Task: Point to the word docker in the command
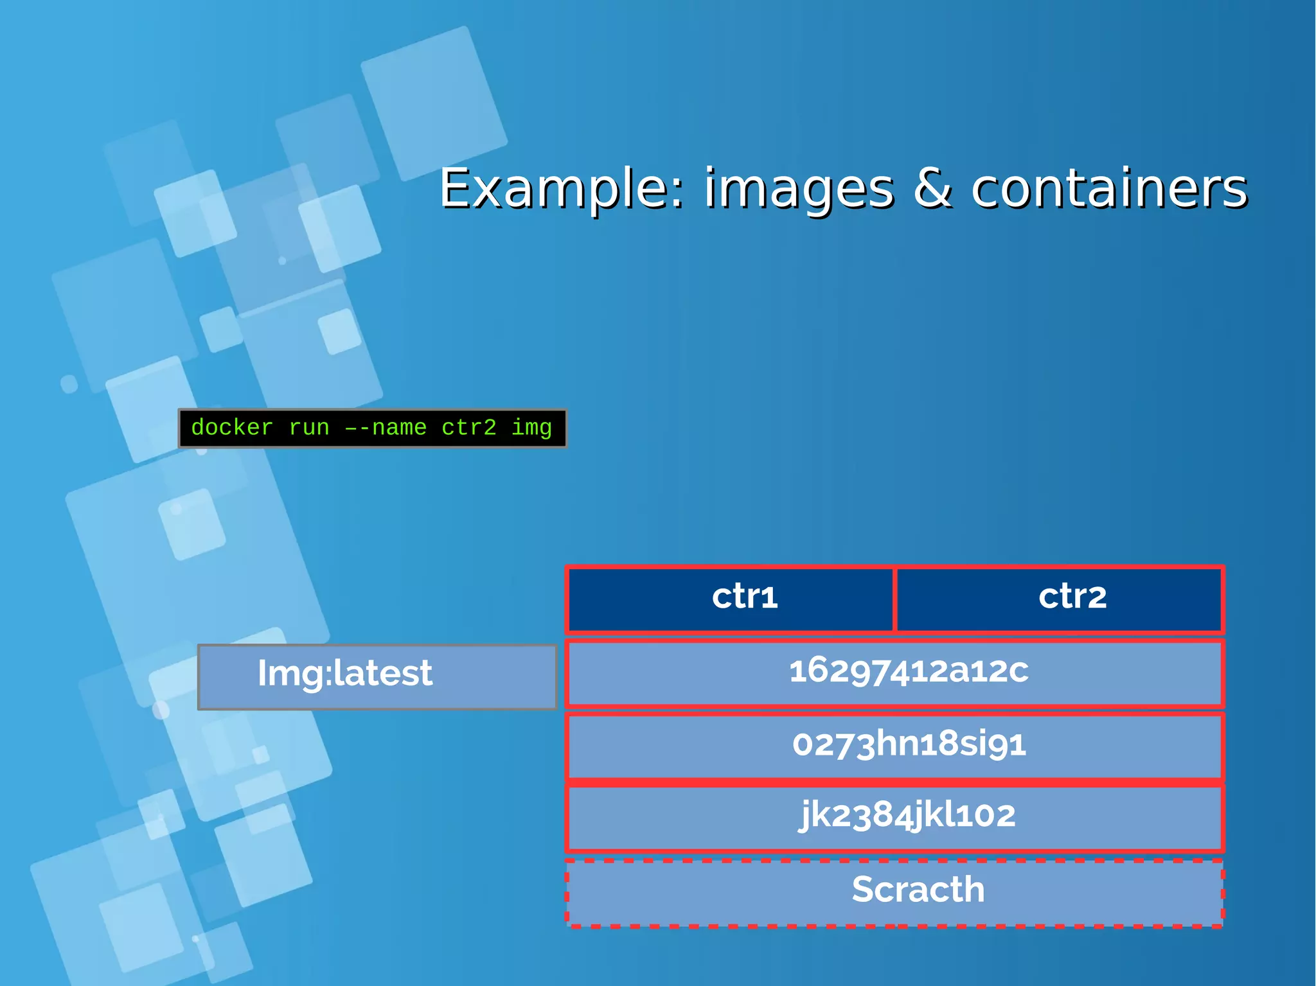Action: [232, 428]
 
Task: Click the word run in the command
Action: [309, 428]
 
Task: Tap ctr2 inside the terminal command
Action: [469, 428]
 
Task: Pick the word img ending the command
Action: [531, 428]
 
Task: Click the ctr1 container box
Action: [731, 599]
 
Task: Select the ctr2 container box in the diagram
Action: [1059, 599]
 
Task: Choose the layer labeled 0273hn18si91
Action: [894, 746]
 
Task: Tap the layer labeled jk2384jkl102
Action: [894, 817]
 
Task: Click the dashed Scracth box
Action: [894, 893]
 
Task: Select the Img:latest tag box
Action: [377, 676]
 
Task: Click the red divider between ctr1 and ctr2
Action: [894, 599]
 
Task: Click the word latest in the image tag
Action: [383, 673]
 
